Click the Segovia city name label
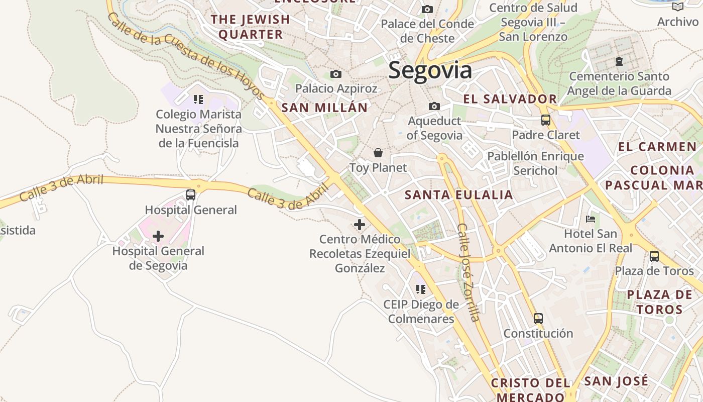pos(430,70)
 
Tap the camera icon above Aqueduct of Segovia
pos(434,106)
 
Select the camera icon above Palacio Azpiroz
pos(336,74)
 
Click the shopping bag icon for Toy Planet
pos(378,153)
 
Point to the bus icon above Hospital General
pos(191,195)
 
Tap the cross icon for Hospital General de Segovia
pos(158,236)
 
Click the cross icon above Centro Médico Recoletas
pos(360,225)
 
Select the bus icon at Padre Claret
pos(546,120)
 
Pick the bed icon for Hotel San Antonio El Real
pos(591,219)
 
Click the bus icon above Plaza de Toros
pos(654,256)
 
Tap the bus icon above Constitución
pos(538,319)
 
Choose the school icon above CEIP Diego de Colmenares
pos(421,289)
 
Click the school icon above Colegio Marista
pos(198,99)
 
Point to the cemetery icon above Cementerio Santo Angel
pos(619,61)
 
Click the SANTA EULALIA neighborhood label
pos(459,195)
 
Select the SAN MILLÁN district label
pos(324,108)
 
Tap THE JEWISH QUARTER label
pos(251,27)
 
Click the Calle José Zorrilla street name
pos(468,271)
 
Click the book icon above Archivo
pos(678,7)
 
